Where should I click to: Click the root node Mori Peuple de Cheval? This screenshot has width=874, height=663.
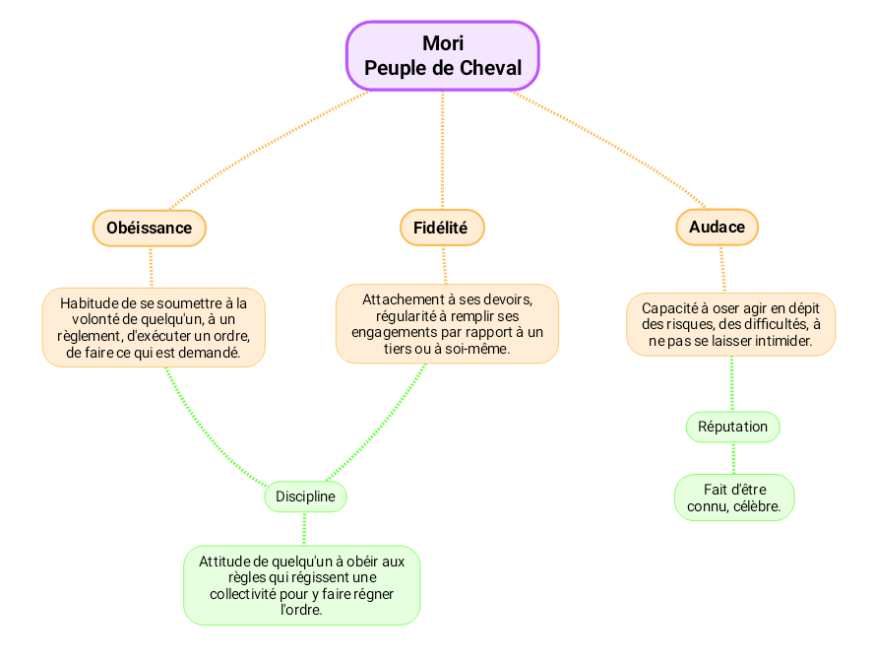click(442, 56)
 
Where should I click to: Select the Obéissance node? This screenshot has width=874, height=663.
click(149, 228)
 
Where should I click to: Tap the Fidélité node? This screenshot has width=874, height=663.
click(442, 228)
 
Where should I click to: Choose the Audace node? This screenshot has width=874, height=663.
click(717, 227)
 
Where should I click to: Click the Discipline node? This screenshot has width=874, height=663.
click(305, 497)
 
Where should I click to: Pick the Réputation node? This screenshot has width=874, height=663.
click(732, 427)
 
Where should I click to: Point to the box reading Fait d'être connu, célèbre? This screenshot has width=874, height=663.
click(734, 497)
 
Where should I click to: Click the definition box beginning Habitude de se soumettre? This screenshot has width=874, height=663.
click(154, 327)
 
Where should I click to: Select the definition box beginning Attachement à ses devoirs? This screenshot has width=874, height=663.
click(447, 323)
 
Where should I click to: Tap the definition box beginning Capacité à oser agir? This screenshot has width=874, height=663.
click(730, 324)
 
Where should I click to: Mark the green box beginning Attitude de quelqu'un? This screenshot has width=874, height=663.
click(302, 585)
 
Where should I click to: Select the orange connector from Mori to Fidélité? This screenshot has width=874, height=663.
click(442, 148)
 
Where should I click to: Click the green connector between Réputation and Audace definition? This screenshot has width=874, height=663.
click(732, 384)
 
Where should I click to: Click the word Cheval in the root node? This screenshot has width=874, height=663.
click(493, 68)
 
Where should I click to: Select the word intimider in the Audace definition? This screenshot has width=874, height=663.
click(781, 342)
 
